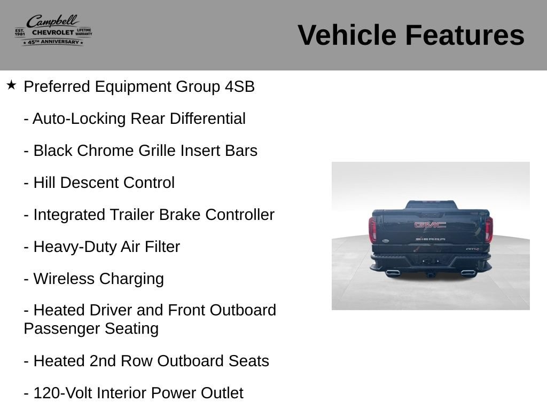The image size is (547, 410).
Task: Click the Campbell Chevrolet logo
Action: [x=53, y=30]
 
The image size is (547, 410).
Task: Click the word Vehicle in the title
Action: [x=347, y=35]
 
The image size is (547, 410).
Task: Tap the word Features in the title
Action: [x=465, y=35]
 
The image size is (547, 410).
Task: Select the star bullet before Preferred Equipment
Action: [x=11, y=85]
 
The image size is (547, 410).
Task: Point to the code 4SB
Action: [x=240, y=86]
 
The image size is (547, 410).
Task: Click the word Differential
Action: [x=208, y=119]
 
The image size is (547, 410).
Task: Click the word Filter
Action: [x=162, y=247]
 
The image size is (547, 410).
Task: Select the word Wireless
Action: [x=64, y=279]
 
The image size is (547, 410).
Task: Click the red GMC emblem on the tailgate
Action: [x=430, y=225]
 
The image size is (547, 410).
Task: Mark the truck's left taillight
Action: [x=372, y=230]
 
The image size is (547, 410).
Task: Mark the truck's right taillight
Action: [x=489, y=230]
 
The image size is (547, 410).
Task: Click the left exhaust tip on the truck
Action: [x=393, y=272]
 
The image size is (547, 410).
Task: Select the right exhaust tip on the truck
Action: [x=467, y=272]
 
